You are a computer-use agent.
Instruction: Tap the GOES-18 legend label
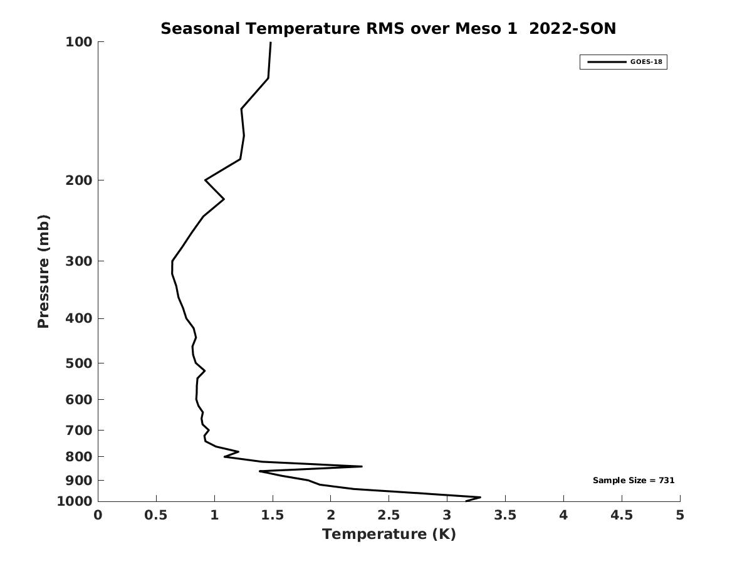point(646,62)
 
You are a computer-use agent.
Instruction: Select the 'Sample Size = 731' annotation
point(634,481)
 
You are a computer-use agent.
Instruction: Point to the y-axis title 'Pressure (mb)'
point(43,271)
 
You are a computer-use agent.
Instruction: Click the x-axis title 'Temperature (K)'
point(389,534)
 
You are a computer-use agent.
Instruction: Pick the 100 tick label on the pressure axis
point(79,42)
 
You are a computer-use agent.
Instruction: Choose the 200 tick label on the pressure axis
point(79,180)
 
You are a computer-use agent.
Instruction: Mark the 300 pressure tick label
point(79,261)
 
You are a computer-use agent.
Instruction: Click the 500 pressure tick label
point(79,363)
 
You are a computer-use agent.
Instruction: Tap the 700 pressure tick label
point(79,430)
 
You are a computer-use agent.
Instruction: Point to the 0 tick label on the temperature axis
point(98,515)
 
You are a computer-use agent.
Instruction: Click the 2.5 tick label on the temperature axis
point(389,515)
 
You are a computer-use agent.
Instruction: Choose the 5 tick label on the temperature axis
point(680,515)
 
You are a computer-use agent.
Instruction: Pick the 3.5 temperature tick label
point(505,515)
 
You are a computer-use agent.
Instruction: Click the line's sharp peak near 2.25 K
point(362,466)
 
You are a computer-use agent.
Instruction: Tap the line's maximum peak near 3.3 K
point(480,498)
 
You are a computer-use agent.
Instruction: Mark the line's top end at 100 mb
point(270,43)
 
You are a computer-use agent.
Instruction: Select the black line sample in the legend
point(606,62)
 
